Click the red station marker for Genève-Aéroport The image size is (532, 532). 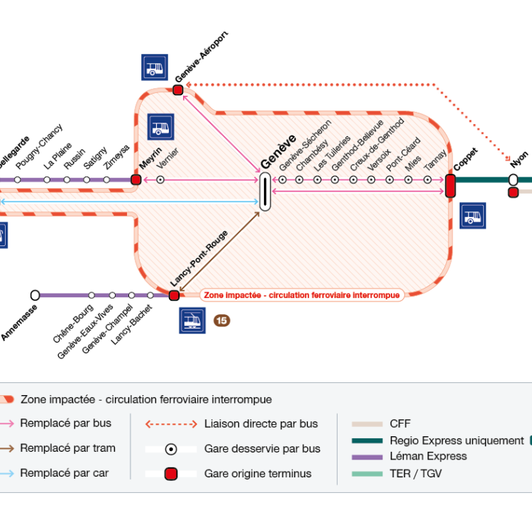pyautogui.click(x=178, y=89)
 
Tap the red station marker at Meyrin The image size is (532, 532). pyautogui.click(x=135, y=180)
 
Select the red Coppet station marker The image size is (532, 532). pyautogui.click(x=450, y=185)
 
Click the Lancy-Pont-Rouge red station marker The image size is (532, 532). pyautogui.click(x=174, y=295)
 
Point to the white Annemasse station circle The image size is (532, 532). pyautogui.click(x=35, y=295)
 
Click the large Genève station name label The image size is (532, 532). pyautogui.click(x=267, y=153)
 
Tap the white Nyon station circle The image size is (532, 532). pyautogui.click(x=513, y=179)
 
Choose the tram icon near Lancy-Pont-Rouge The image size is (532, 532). pyautogui.click(x=192, y=321)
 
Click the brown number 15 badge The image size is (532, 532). pyautogui.click(x=222, y=321)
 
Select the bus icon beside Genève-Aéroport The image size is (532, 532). pyautogui.click(x=155, y=67)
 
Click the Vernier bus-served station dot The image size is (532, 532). pyautogui.click(x=160, y=180)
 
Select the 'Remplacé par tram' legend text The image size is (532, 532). pyautogui.click(x=67, y=448)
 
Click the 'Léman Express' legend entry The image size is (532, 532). pyautogui.click(x=428, y=456)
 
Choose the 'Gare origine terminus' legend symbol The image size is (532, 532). pyautogui.click(x=171, y=474)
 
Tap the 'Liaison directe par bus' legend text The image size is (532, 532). pyautogui.click(x=261, y=424)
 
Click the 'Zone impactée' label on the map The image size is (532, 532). pyautogui.click(x=301, y=294)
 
